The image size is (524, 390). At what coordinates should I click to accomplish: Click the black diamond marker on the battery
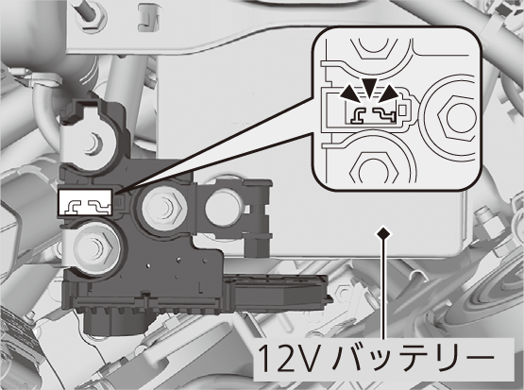coord(383,232)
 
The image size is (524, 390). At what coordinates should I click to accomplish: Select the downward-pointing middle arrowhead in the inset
coord(369,89)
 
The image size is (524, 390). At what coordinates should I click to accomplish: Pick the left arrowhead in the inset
coord(349,93)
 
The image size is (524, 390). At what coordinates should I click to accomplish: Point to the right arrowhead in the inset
coord(389,93)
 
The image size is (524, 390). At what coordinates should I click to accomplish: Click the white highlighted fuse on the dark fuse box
coord(86,202)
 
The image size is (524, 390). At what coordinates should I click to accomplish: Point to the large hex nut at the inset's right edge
coord(456,117)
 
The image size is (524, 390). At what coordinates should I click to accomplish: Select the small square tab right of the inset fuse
coord(402,110)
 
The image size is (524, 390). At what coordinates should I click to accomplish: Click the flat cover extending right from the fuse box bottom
coord(278,290)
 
